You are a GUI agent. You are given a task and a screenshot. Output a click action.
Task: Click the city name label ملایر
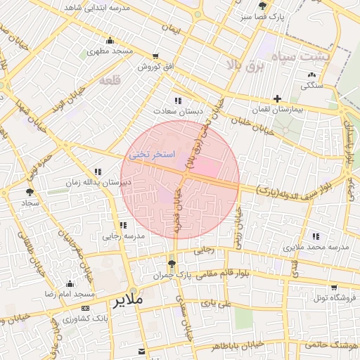click(x=127, y=300)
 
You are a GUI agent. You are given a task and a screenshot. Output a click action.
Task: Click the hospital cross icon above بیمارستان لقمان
click(x=278, y=98)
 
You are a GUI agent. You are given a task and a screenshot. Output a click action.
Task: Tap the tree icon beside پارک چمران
click(x=172, y=263)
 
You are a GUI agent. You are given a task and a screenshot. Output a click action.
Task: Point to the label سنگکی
click(x=311, y=85)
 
